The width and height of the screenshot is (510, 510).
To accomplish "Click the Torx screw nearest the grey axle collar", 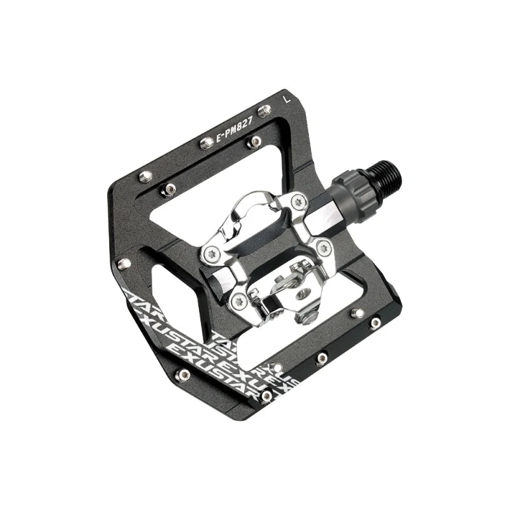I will [x=296, y=203].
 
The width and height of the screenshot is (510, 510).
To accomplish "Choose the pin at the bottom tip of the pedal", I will [x=266, y=397].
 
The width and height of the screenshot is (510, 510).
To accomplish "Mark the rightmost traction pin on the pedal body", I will [x=375, y=323].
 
